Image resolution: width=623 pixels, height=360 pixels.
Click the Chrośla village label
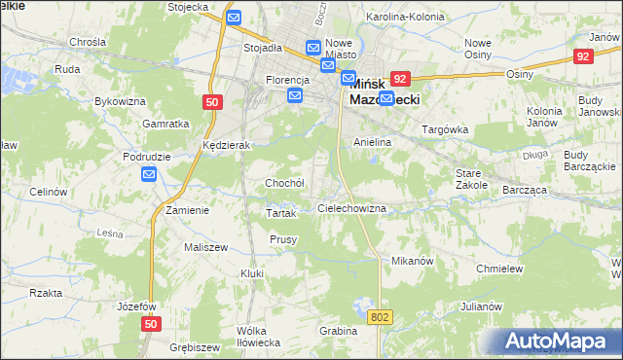(x=88, y=43)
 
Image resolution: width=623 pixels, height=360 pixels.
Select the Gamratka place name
(x=165, y=124)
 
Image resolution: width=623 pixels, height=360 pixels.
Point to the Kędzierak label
(x=227, y=145)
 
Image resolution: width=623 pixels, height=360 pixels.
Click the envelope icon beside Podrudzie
(x=149, y=174)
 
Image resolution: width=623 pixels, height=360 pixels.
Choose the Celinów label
(x=47, y=193)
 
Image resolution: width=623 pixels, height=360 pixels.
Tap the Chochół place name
(x=285, y=183)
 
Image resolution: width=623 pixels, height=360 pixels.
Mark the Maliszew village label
(x=205, y=247)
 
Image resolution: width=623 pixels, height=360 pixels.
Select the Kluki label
(x=252, y=273)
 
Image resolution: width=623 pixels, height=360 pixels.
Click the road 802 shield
(x=380, y=317)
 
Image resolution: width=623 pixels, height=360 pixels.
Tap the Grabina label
(x=339, y=331)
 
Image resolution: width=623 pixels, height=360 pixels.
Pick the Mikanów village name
(x=412, y=262)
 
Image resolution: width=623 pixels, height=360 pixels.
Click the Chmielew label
(x=500, y=269)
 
